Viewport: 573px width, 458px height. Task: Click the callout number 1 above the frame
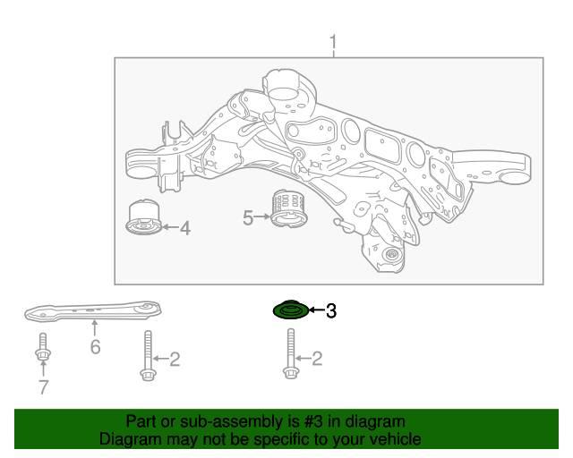click(333, 43)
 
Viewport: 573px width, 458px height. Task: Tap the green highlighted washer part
click(291, 310)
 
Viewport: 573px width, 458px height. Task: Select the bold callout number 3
click(330, 310)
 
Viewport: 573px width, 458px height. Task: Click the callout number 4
click(185, 228)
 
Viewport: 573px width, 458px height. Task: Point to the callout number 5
click(248, 218)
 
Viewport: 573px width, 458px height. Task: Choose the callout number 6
click(96, 346)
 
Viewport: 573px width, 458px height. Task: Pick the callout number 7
click(44, 387)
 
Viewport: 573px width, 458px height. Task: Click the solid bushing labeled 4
click(144, 216)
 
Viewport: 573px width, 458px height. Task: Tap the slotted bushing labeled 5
click(289, 208)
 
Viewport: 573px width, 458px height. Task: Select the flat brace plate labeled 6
click(93, 311)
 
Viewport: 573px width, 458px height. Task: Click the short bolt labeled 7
click(43, 346)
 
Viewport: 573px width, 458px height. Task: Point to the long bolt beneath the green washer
click(291, 353)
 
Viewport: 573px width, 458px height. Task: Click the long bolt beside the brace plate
click(148, 355)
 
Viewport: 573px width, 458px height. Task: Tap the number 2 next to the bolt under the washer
click(316, 359)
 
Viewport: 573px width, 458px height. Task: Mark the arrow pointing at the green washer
click(317, 310)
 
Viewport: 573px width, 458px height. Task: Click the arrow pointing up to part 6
click(95, 327)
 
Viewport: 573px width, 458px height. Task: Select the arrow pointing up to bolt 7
click(43, 369)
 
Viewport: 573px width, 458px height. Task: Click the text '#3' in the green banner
click(312, 422)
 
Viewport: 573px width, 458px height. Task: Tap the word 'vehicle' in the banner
click(398, 438)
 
